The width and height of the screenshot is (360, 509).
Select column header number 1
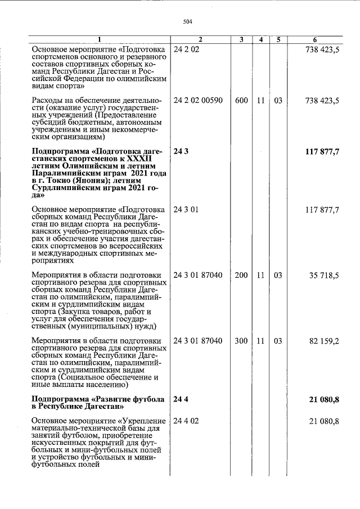(x=100, y=39)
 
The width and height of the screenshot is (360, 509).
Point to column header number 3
(x=241, y=39)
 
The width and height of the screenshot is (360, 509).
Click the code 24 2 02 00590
(x=199, y=101)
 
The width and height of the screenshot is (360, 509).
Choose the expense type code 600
(x=241, y=101)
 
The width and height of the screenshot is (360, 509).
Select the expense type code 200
(x=241, y=276)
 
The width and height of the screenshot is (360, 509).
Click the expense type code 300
(x=241, y=341)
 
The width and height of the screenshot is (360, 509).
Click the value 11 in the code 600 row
(x=260, y=101)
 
